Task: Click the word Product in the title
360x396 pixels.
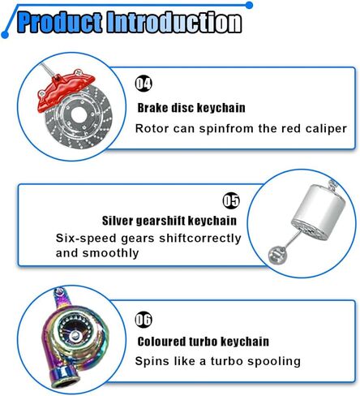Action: pyautogui.click(x=60, y=21)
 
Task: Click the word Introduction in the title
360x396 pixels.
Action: pyautogui.click(x=174, y=21)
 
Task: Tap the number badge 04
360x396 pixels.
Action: pyautogui.click(x=144, y=84)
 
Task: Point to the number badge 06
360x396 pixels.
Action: pyautogui.click(x=144, y=319)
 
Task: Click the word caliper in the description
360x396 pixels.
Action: pyautogui.click(x=324, y=128)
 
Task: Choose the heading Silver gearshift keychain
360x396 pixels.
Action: pyautogui.click(x=169, y=220)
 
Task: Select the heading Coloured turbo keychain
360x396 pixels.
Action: pyautogui.click(x=203, y=342)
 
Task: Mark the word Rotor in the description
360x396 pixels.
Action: pyautogui.click(x=152, y=128)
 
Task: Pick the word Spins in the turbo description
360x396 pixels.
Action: pyautogui.click(x=152, y=361)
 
